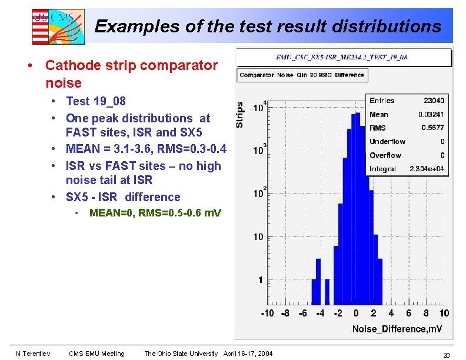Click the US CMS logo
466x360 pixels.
click(x=58, y=26)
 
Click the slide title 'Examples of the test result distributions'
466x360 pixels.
click(x=268, y=26)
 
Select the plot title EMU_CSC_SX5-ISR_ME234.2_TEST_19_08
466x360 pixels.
click(x=342, y=57)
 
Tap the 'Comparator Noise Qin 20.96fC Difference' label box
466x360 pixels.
click(x=302, y=75)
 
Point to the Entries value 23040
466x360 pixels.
click(x=434, y=101)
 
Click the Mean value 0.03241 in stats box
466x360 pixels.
click(x=431, y=114)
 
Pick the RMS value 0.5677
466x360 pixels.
click(x=432, y=128)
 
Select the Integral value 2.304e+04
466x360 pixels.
click(x=427, y=169)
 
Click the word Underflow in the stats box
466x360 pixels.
click(x=387, y=142)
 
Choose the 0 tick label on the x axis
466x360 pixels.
click(x=356, y=313)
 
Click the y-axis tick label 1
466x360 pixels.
click(x=260, y=280)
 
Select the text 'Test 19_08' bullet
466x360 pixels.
click(x=96, y=101)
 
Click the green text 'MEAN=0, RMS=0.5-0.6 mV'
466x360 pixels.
click(x=155, y=213)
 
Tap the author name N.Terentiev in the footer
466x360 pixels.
click(x=32, y=354)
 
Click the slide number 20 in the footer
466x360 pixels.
click(x=446, y=355)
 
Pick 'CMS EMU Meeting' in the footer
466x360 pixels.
click(x=96, y=354)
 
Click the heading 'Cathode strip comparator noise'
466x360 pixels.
click(x=131, y=74)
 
